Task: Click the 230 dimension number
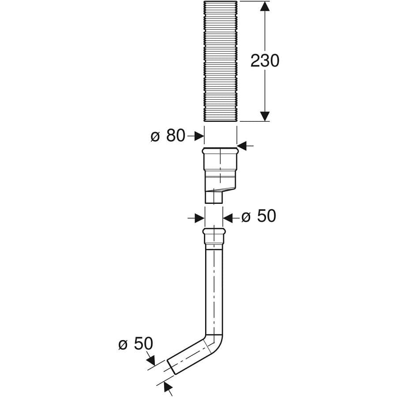coord(265,61)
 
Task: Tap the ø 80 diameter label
coord(168,136)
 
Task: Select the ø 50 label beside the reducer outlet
coord(258,216)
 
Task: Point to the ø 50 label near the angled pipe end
coord(136,344)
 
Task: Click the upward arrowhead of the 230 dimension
coord(265,6)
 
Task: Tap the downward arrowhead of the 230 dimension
coord(265,116)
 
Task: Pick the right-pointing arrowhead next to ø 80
coord(199,136)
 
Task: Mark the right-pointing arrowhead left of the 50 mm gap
coord(199,218)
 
